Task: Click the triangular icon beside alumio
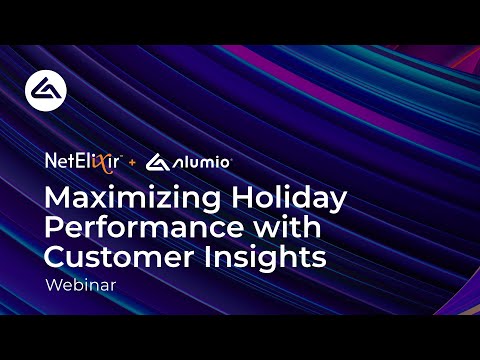[158, 160]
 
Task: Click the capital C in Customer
[56, 256]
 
